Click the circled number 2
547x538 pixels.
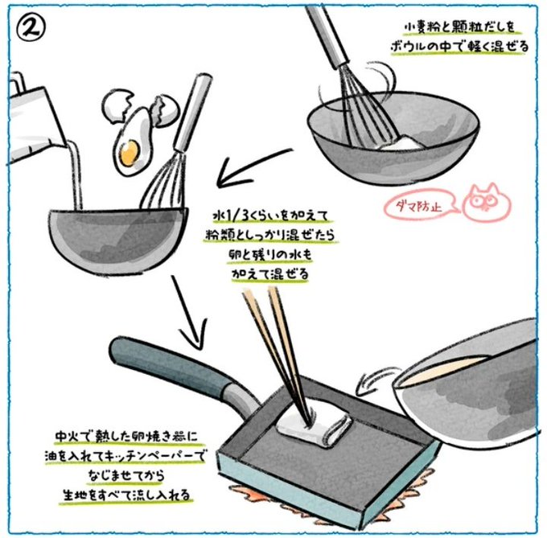pyautogui.click(x=31, y=29)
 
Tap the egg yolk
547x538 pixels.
pyautogui.click(x=129, y=152)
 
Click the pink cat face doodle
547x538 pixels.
pyautogui.click(x=487, y=202)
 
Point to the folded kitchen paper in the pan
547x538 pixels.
pyautogui.click(x=313, y=422)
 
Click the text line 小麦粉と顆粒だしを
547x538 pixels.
pyautogui.click(x=461, y=27)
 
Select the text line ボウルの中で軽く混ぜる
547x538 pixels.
pyautogui.click(x=460, y=47)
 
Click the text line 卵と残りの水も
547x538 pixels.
pyautogui.click(x=270, y=255)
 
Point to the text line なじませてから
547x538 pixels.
pyautogui.click(x=126, y=475)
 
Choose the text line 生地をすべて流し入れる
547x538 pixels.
pyautogui.click(x=126, y=495)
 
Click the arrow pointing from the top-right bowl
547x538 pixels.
pyautogui.click(x=255, y=166)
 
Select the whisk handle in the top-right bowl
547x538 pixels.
pyautogui.click(x=327, y=34)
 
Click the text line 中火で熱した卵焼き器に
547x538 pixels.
pyautogui.click(x=126, y=436)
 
